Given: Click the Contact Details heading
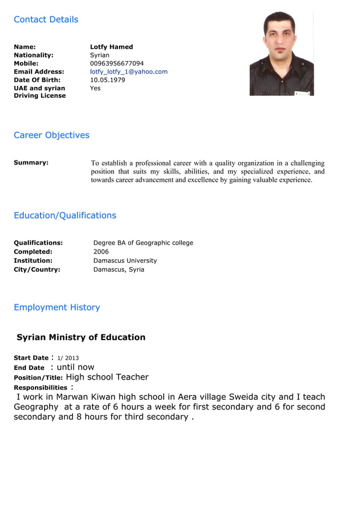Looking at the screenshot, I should pyautogui.click(x=46, y=20).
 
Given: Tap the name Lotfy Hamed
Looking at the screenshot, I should pyautogui.click(x=111, y=47).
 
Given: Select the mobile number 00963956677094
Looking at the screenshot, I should pyautogui.click(x=117, y=63).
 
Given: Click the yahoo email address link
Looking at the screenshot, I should pyautogui.click(x=129, y=72).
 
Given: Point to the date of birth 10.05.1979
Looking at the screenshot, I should pyautogui.click(x=107, y=80).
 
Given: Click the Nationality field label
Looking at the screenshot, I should pyautogui.click(x=33, y=55).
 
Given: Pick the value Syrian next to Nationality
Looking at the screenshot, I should pyautogui.click(x=100, y=55).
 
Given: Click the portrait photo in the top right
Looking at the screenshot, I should pyautogui.click(x=282, y=54).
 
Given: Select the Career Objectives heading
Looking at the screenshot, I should pyautogui.click(x=51, y=136).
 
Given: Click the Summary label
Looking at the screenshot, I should pyautogui.click(x=31, y=163).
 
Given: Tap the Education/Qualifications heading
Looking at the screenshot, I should pyautogui.click(x=65, y=216).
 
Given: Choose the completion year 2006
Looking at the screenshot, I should pyautogui.click(x=101, y=252).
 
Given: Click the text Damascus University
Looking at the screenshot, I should pyautogui.click(x=125, y=261).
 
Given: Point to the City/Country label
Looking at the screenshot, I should pyautogui.click(x=37, y=270).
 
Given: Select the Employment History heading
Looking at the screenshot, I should pyautogui.click(x=56, y=308).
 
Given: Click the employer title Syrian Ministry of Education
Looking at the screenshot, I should pyautogui.click(x=81, y=338).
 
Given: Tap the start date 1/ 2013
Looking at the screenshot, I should pyautogui.click(x=68, y=358).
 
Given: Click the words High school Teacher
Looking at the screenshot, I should pyautogui.click(x=107, y=377).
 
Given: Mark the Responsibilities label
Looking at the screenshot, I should pyautogui.click(x=41, y=388).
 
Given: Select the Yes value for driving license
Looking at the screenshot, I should pyautogui.click(x=95, y=88).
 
